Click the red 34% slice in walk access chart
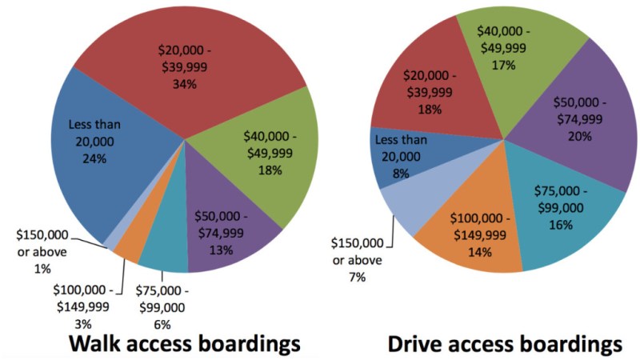click(189, 64)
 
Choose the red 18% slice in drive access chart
click(424, 92)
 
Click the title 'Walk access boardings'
click(184, 342)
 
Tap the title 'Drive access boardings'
click(505, 342)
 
